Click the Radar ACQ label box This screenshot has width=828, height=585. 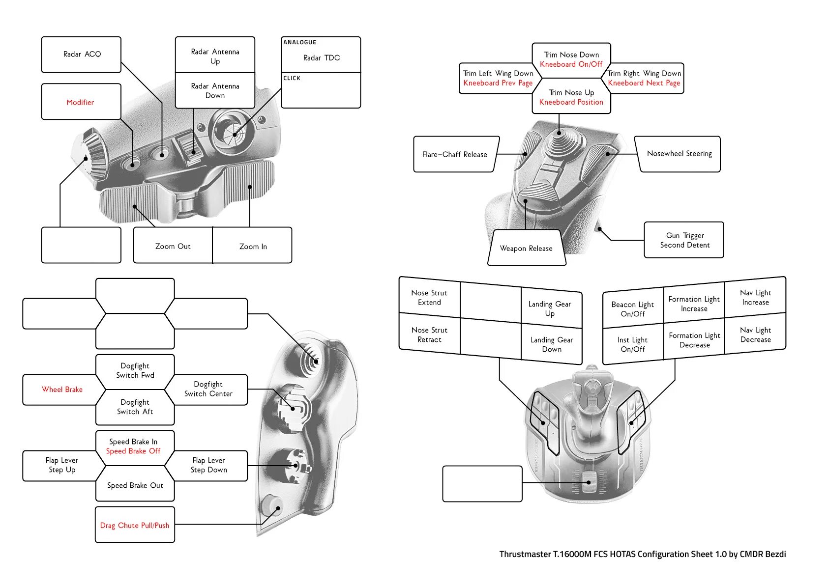[82, 55]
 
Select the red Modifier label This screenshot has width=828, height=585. [80, 102]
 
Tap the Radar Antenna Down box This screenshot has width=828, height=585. [215, 91]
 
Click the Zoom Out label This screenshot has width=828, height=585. [173, 246]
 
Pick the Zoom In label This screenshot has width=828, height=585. [253, 246]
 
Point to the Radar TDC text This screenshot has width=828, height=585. [321, 58]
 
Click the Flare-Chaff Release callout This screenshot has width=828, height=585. [455, 154]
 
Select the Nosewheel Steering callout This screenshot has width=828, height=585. [679, 154]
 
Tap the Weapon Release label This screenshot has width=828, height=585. [526, 248]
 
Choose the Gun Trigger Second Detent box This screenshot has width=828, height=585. [684, 240]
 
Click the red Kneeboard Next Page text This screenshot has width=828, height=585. [644, 83]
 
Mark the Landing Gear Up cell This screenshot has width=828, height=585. [550, 309]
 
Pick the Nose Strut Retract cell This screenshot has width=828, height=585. [429, 334]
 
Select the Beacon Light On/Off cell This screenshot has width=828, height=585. [632, 309]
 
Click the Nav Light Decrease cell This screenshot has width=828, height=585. [755, 334]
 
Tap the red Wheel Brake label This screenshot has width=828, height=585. [62, 390]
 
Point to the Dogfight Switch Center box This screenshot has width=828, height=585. [208, 389]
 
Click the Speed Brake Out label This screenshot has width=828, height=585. [135, 485]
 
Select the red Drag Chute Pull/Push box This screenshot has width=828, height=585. [135, 525]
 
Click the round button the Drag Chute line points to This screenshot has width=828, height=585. [272, 505]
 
